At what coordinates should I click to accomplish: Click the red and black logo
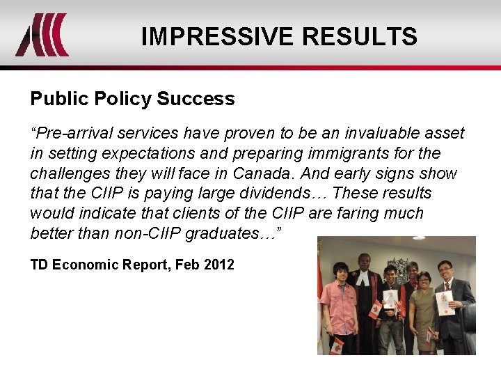point(42,35)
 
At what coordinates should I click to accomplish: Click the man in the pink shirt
point(339,306)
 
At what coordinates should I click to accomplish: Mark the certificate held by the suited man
point(445,302)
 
